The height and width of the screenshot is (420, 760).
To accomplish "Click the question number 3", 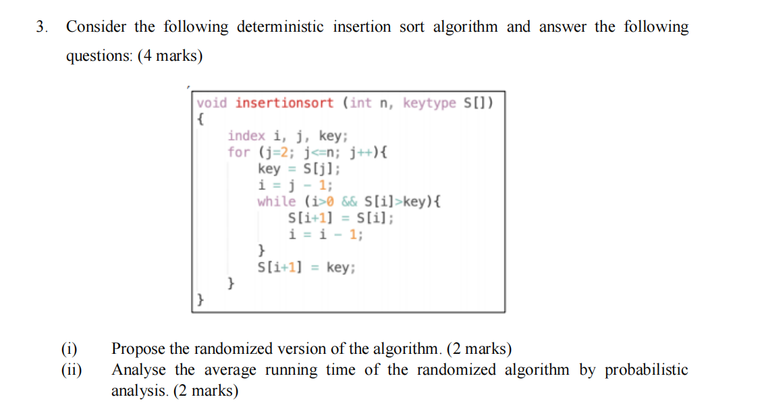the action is tap(43, 28).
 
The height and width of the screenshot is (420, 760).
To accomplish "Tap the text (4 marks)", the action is tap(170, 56).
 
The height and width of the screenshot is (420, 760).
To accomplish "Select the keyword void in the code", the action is tap(212, 103).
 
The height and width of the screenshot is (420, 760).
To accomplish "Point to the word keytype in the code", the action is tap(429, 103).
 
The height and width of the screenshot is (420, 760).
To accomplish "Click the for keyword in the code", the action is tap(238, 152).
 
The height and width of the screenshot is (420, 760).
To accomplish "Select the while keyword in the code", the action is tap(276, 201).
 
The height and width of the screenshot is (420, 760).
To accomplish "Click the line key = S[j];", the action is tap(299, 169).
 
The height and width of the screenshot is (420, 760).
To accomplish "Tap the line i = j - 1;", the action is tap(295, 185).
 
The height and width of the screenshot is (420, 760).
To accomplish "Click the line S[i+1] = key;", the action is tap(306, 267).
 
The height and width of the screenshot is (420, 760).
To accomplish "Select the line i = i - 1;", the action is tap(325, 234).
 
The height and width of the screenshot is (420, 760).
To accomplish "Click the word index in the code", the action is tap(246, 136).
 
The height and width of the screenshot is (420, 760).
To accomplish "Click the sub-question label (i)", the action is tap(70, 349).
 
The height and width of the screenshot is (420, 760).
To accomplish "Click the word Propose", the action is tap(138, 350).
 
